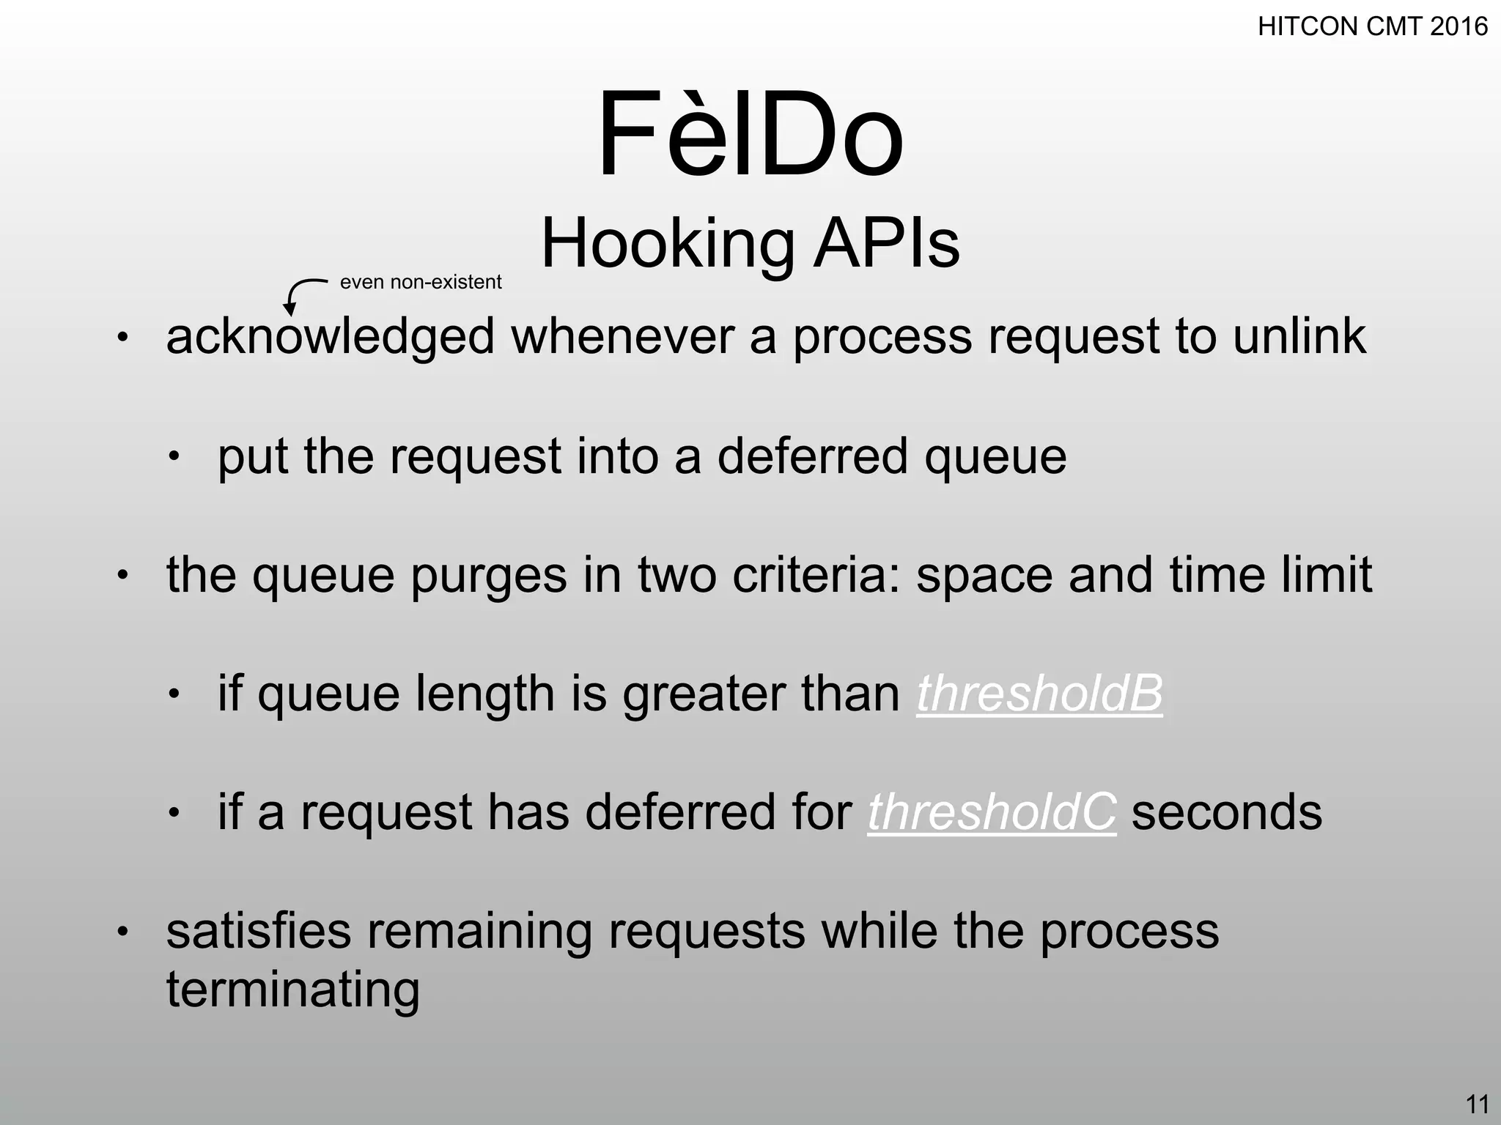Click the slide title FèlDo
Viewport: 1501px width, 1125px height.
click(750, 135)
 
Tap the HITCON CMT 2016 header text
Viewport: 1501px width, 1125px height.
click(1372, 27)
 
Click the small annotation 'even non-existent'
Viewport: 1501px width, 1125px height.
click(421, 282)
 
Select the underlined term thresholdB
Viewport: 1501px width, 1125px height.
click(1039, 693)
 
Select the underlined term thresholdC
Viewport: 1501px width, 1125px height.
click(992, 812)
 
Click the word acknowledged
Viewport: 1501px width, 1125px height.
click(331, 337)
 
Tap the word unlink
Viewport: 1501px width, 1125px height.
click(1299, 337)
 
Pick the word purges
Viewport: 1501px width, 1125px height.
click(489, 575)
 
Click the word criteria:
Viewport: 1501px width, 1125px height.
click(816, 575)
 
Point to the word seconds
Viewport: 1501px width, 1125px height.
click(1227, 812)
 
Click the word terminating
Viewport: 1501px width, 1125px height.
click(293, 990)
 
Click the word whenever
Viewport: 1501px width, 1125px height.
click(622, 337)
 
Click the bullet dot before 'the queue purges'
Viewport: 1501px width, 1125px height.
click(122, 576)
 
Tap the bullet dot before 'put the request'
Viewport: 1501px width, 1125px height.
click(174, 457)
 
